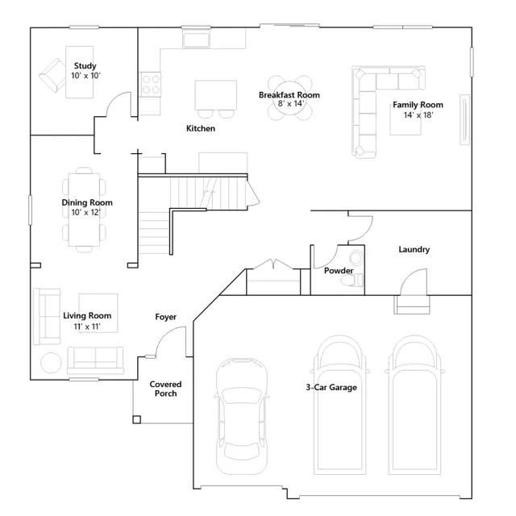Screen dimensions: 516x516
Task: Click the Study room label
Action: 85,66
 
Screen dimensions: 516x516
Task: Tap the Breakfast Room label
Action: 289,95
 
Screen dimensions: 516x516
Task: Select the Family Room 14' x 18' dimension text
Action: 418,114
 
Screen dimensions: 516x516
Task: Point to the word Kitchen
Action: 201,128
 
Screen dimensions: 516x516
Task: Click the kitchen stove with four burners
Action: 151,84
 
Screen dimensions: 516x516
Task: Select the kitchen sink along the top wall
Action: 197,40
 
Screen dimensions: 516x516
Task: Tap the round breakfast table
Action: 290,98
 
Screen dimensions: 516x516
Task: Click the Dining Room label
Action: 87,202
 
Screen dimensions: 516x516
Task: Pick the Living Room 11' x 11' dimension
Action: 87,327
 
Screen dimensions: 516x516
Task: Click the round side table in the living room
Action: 51,363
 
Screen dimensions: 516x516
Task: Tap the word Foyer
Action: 166,317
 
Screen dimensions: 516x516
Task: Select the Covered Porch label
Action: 165,389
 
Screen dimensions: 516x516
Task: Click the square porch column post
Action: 137,419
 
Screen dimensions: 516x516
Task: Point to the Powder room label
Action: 339,271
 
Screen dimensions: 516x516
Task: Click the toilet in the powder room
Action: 352,281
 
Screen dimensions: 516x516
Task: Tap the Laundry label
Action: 414,249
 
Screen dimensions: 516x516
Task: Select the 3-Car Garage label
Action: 331,387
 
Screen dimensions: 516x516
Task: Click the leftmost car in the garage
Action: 241,416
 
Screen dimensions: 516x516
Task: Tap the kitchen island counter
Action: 215,95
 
